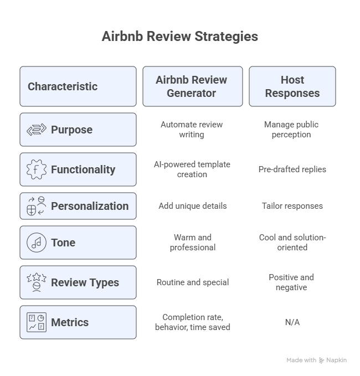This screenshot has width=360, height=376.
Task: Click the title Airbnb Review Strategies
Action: click(x=180, y=37)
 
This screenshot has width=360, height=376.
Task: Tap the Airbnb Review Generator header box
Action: click(x=193, y=86)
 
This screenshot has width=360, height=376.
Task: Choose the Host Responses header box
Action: click(x=292, y=86)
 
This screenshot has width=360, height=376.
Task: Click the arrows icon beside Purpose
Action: click(x=37, y=130)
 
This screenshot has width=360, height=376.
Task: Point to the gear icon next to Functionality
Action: click(x=37, y=169)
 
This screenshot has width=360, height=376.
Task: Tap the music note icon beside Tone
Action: click(x=37, y=243)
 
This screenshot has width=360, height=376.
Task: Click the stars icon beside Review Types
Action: click(x=37, y=282)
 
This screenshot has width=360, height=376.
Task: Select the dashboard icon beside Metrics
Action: click(x=37, y=322)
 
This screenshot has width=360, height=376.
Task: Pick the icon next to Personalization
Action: click(x=37, y=206)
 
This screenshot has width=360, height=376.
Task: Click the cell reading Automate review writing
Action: click(x=192, y=130)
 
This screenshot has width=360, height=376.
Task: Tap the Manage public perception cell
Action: click(x=291, y=130)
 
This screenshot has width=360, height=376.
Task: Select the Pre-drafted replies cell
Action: click(x=292, y=169)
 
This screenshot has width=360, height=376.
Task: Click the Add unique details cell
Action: click(x=193, y=206)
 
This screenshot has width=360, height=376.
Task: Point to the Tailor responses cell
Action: click(x=292, y=206)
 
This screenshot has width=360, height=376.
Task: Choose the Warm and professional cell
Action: click(x=193, y=243)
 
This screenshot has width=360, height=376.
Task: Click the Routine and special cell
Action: click(x=193, y=282)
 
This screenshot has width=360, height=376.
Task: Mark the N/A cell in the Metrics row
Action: click(x=292, y=322)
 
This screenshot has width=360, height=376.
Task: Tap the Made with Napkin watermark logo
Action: click(x=321, y=360)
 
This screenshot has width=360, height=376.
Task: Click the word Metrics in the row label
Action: click(x=70, y=322)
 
